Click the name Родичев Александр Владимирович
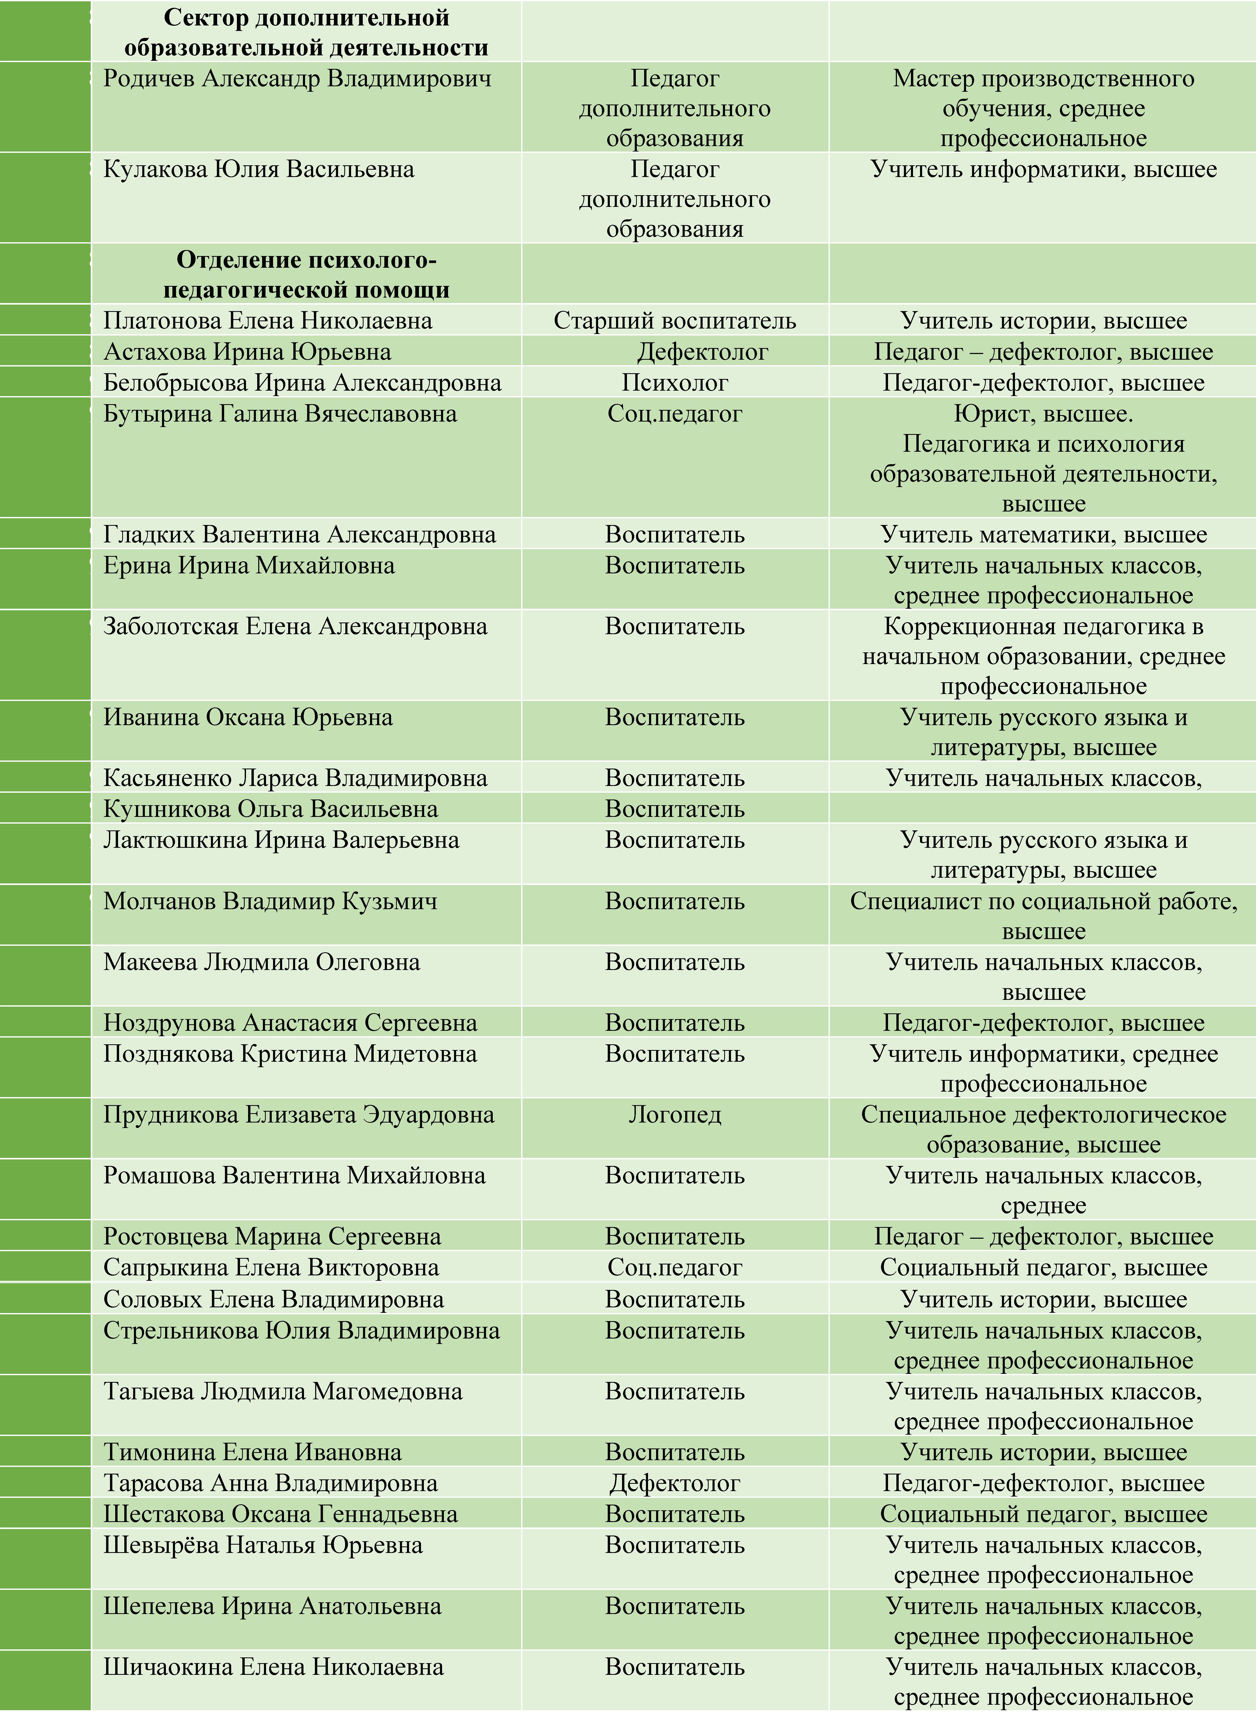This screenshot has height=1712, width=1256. coord(297,78)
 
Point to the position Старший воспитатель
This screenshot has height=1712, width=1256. coord(674,321)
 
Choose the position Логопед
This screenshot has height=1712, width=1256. coord(674,1115)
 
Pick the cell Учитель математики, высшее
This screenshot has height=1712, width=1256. coord(1043,535)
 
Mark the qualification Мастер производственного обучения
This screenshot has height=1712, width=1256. coord(1043,94)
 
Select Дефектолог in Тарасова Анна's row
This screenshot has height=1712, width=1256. coord(674,1483)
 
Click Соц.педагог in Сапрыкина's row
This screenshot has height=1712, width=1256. coord(674,1268)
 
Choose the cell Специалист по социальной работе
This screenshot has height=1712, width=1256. coord(1043,901)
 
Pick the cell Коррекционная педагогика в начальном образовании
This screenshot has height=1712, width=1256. coord(1043,641)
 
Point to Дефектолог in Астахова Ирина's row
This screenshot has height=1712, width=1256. coord(702,352)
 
